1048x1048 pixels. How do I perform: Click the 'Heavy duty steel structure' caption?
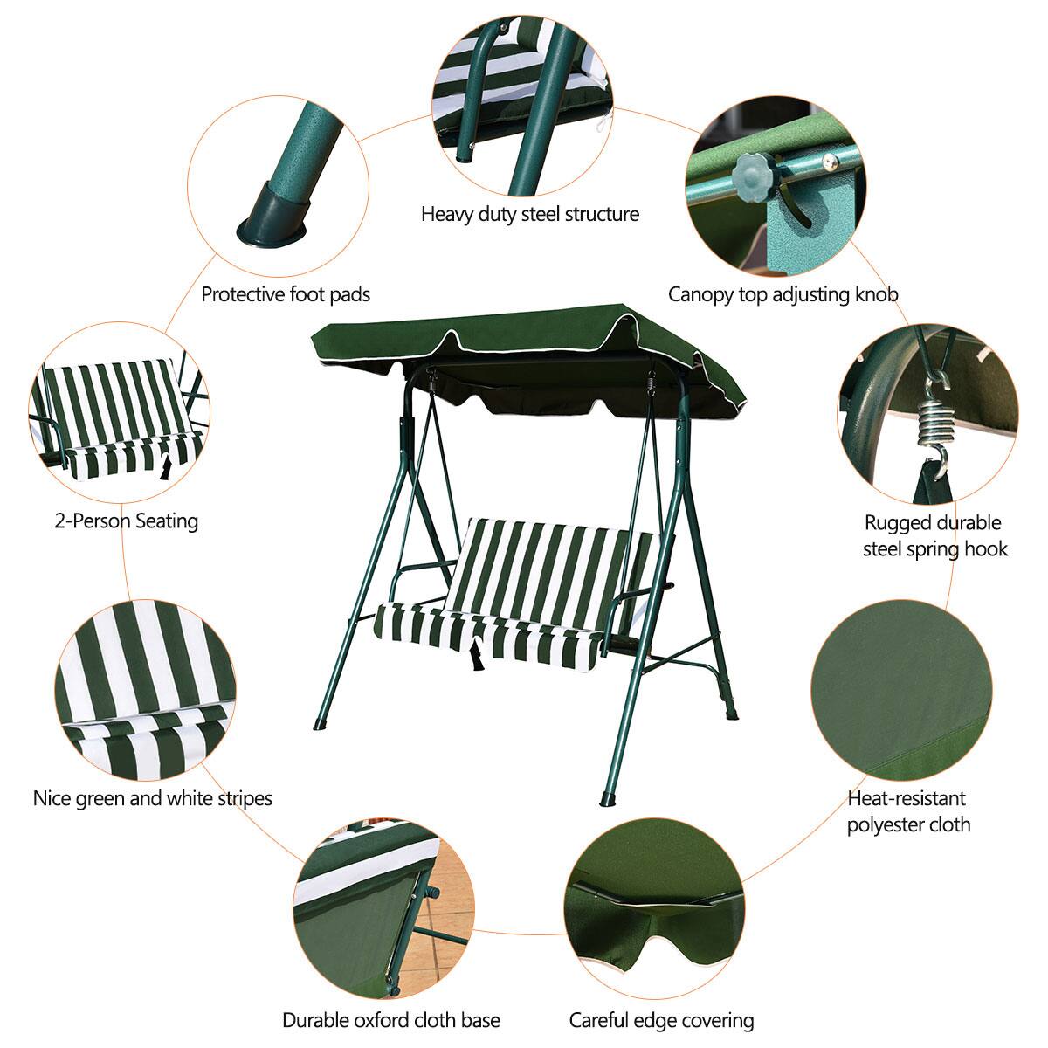click(530, 215)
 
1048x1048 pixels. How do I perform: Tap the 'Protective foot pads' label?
click(286, 294)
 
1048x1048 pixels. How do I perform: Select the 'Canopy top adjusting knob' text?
click(783, 294)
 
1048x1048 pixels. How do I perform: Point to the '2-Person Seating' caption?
click(127, 521)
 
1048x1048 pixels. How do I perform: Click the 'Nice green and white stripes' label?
click(153, 798)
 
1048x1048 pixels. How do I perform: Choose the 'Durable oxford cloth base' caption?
click(391, 1020)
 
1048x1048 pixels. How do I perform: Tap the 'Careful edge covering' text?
click(661, 1020)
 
